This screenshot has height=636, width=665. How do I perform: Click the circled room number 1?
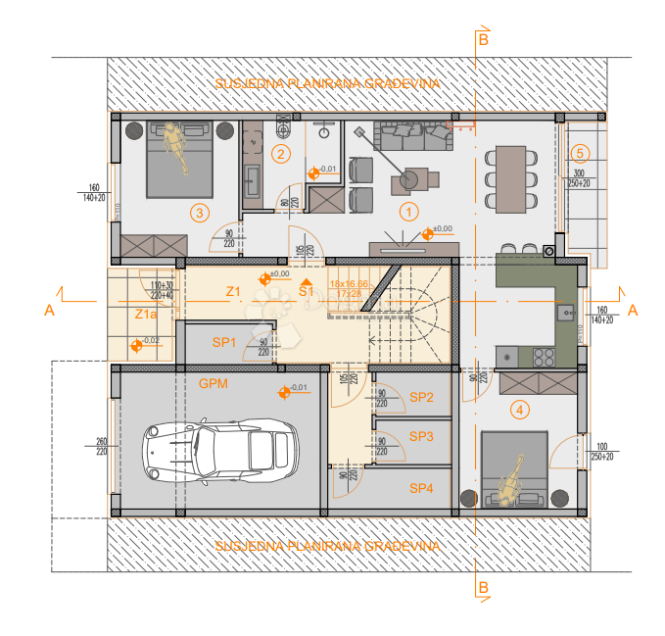[x=409, y=210]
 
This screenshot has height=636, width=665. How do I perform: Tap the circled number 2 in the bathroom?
[x=281, y=154]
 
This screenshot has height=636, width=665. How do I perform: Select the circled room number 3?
[x=199, y=212]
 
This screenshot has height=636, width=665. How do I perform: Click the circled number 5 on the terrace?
[x=580, y=153]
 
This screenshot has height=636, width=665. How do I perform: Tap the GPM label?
[x=213, y=384]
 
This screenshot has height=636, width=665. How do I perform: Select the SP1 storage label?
[x=226, y=342]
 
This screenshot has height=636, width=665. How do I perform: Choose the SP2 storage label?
[x=421, y=397]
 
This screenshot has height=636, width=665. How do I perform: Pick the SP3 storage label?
[x=421, y=436]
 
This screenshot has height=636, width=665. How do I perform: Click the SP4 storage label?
[x=421, y=487]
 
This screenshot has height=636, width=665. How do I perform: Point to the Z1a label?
[x=146, y=315]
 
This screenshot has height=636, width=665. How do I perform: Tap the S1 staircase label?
[x=306, y=290]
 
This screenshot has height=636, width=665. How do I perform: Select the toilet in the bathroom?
[x=285, y=128]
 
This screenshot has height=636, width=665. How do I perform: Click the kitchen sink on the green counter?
[x=565, y=314]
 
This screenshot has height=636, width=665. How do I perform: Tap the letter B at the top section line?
[x=483, y=39]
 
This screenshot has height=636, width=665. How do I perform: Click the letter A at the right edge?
[x=633, y=310]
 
